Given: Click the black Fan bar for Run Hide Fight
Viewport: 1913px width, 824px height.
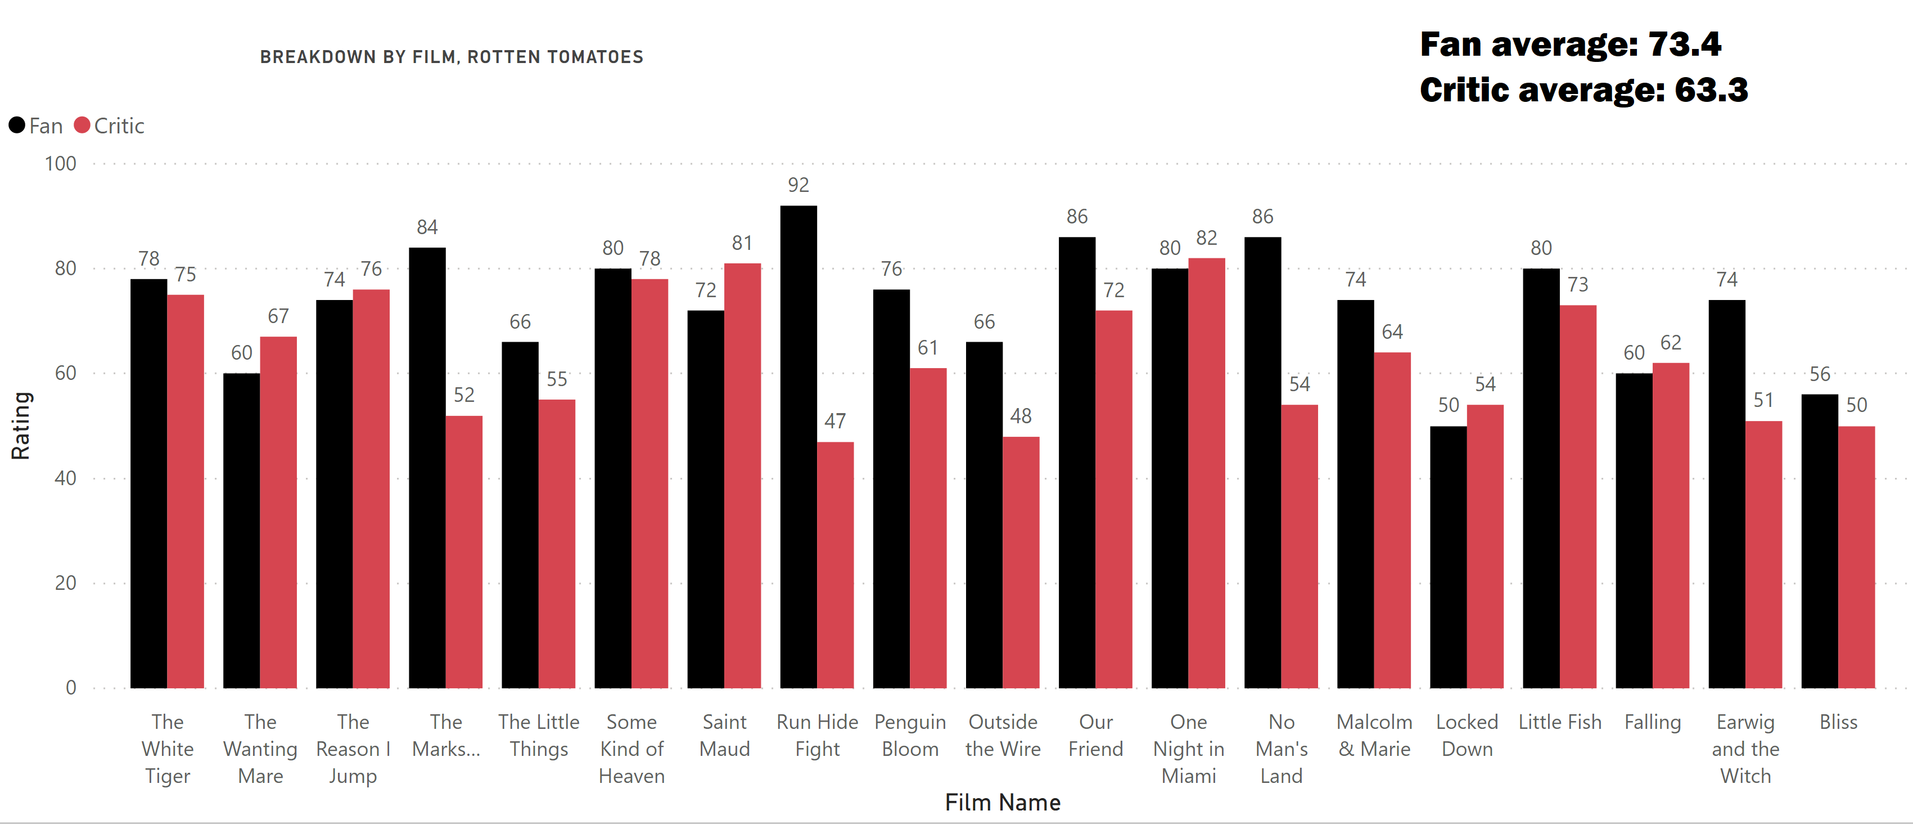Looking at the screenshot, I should (x=798, y=446).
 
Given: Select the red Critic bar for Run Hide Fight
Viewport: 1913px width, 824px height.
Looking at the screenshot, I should (x=836, y=565).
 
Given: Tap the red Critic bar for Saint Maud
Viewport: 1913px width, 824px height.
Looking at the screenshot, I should (x=743, y=476).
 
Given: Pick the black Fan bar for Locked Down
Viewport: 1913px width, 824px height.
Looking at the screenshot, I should (x=1448, y=557).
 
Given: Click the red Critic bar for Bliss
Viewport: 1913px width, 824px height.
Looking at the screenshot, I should (x=1857, y=557).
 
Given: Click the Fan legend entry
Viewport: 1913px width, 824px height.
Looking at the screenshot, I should (x=37, y=126).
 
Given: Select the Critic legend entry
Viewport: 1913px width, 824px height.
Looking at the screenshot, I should (x=110, y=126).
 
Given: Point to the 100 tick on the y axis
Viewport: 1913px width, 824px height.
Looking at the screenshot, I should (x=61, y=163).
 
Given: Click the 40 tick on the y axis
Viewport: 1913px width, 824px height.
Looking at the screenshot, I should (x=65, y=478).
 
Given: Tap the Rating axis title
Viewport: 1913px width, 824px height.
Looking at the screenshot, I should (x=21, y=426).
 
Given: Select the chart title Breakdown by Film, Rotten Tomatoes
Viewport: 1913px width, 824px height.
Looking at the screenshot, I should (x=452, y=57).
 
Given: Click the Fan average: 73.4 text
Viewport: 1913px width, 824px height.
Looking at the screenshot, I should (x=1570, y=44).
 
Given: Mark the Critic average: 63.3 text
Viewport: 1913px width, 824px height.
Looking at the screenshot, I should (x=1583, y=90).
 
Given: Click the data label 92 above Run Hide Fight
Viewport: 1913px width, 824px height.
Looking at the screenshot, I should (x=798, y=185).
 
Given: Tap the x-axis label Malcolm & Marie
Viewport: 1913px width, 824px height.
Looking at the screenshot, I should (x=1374, y=736).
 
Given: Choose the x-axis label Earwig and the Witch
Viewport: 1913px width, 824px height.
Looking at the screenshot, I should (x=1745, y=749).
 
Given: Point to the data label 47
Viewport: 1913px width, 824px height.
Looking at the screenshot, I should (x=836, y=422).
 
